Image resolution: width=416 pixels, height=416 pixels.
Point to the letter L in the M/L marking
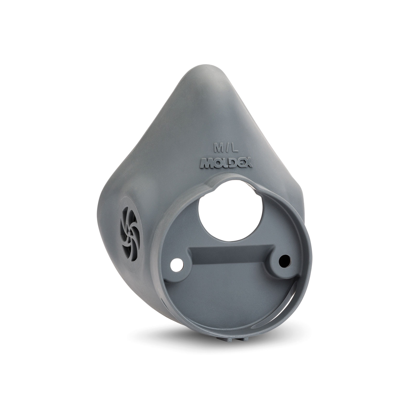click(x=235, y=149)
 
